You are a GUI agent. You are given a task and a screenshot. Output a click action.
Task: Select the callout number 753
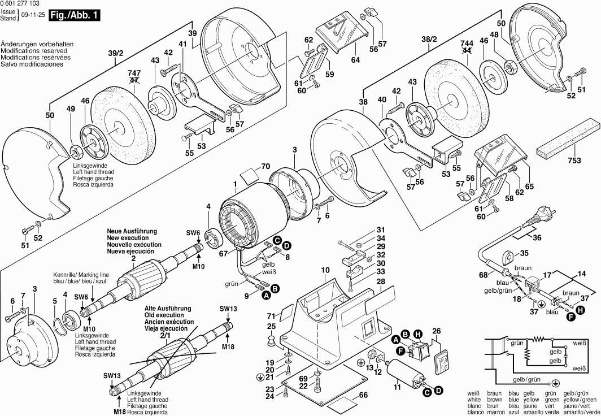pyautogui.click(x=573, y=161)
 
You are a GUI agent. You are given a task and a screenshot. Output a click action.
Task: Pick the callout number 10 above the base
pyautogui.click(x=325, y=271)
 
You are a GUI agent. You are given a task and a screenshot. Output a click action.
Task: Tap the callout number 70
pyautogui.click(x=265, y=167)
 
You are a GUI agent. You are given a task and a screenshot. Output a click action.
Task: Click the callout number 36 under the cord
pyautogui.click(x=537, y=238)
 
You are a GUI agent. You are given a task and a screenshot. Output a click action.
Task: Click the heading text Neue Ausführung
pyautogui.click(x=133, y=232)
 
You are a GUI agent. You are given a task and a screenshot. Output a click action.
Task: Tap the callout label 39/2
pyautogui.click(x=116, y=53)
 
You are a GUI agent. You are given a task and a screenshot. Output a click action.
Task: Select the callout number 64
pyautogui.click(x=355, y=59)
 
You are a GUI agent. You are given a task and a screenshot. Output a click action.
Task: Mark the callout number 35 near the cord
pyautogui.click(x=524, y=253)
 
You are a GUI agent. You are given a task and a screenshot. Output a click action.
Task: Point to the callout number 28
pyautogui.click(x=381, y=281)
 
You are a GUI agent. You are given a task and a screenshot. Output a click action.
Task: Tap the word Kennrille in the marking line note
pyautogui.click(x=64, y=274)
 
